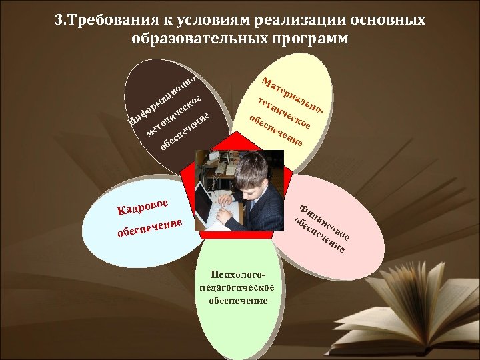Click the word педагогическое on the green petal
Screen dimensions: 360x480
point(238,287)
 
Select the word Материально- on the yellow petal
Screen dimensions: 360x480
point(294,97)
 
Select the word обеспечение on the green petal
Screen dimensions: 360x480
point(238,301)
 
